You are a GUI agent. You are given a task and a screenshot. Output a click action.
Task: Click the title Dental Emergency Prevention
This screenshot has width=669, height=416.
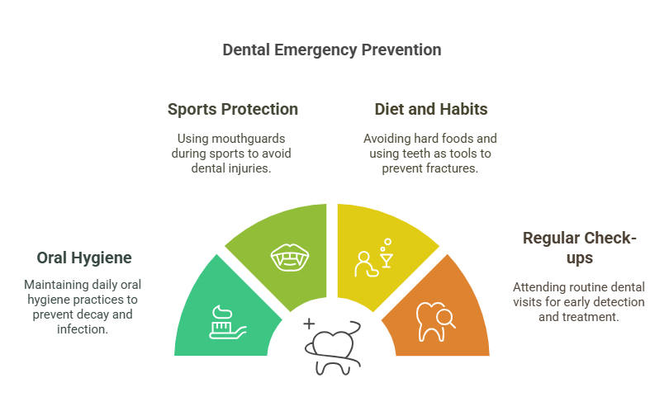(x=332, y=50)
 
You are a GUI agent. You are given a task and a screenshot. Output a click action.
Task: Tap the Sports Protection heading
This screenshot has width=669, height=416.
(x=233, y=110)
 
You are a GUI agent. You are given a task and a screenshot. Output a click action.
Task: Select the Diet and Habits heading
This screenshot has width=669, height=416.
(x=431, y=109)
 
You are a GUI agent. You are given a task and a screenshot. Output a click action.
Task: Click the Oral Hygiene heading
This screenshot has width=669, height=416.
(x=84, y=258)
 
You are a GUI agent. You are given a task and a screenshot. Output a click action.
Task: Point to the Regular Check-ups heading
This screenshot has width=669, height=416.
(x=580, y=248)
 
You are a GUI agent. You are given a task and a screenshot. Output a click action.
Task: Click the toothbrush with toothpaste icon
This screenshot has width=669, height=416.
(x=227, y=322)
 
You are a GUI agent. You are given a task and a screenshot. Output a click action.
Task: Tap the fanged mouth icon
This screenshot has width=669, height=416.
(x=290, y=258)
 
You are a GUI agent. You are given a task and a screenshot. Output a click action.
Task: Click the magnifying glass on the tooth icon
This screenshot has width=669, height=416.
(x=446, y=319)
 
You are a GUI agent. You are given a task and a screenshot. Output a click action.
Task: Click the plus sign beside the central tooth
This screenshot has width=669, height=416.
(x=309, y=324)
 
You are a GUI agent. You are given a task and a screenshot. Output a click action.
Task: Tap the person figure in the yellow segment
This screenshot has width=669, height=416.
(x=365, y=264)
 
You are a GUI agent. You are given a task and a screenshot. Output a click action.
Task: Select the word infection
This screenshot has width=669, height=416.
(x=83, y=329)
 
